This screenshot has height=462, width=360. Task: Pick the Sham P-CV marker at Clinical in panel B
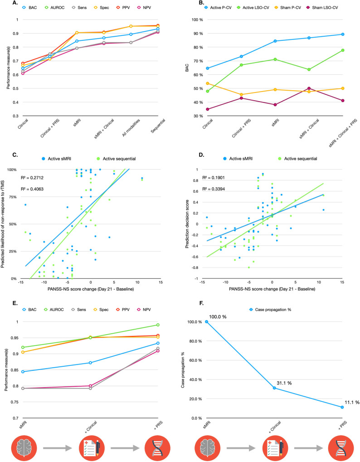207,83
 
